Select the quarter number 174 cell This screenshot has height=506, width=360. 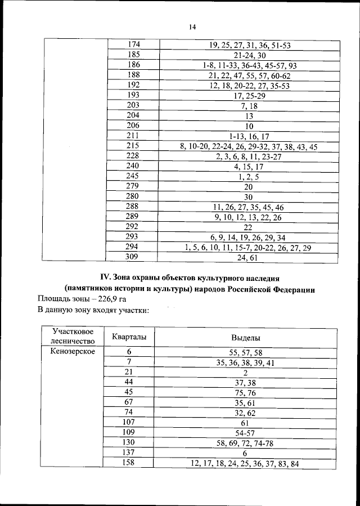134,44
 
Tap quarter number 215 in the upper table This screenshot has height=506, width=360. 133,146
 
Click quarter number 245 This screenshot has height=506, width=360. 133,176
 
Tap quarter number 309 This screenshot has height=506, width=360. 133,257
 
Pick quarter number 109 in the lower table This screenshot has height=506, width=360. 129,432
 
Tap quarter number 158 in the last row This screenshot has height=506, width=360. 129,463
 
